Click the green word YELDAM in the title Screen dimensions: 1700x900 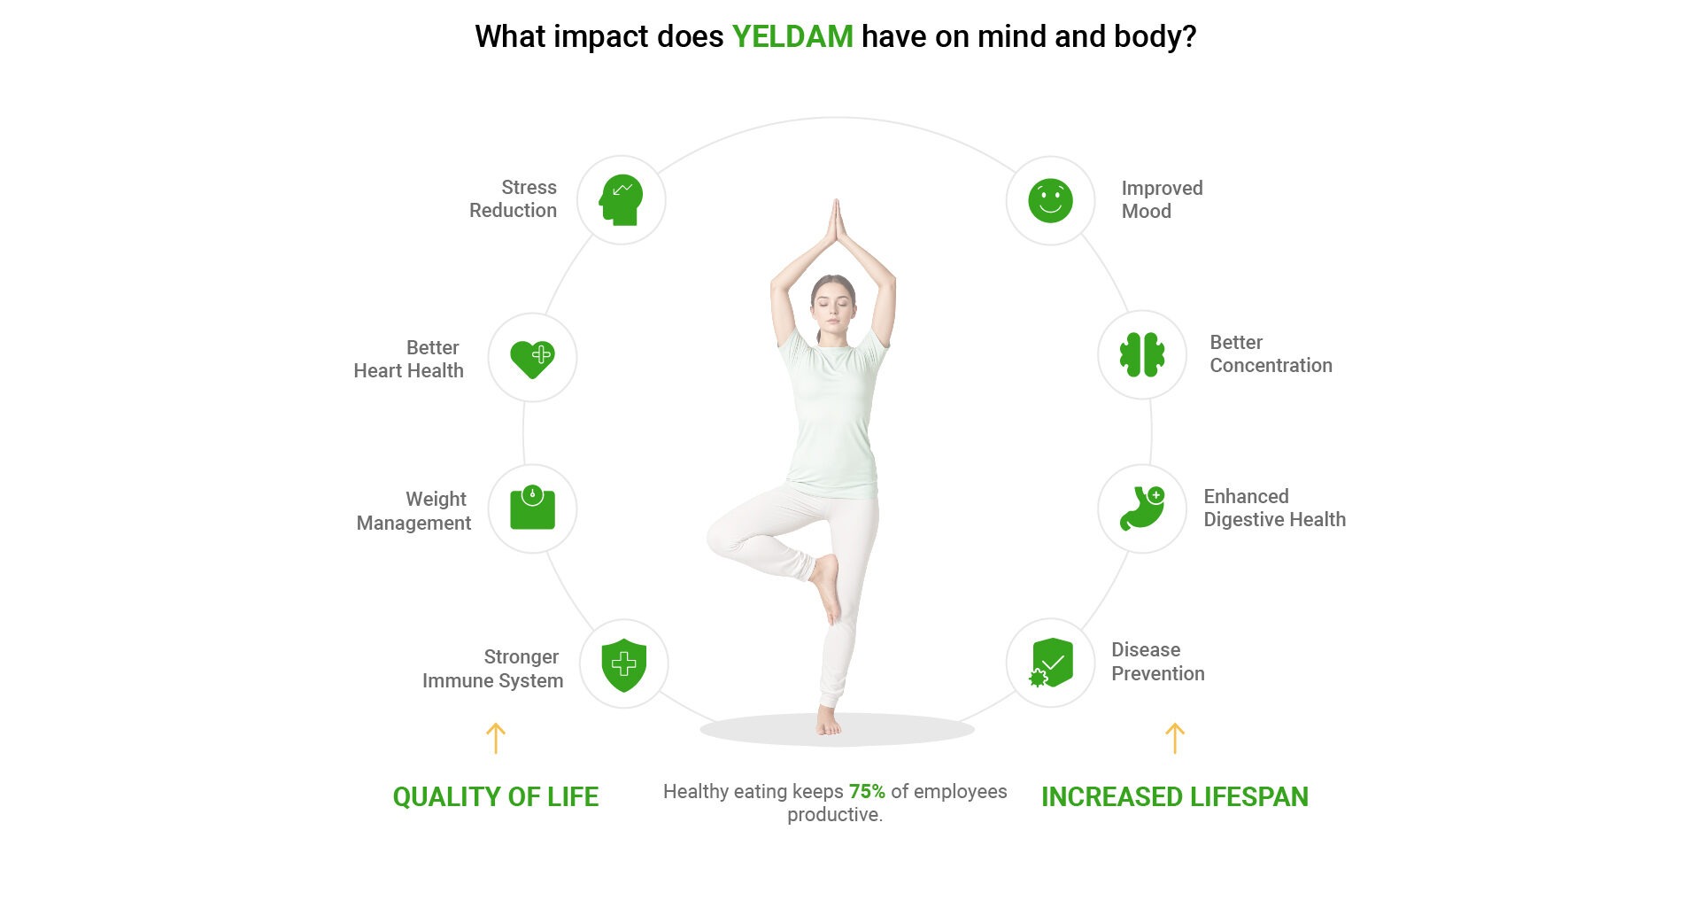[x=792, y=37]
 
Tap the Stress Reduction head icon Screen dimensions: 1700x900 [x=621, y=200]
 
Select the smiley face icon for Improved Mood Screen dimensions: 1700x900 [x=1050, y=200]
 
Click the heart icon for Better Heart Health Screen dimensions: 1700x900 [x=532, y=359]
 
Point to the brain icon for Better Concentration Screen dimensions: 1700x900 [x=1142, y=355]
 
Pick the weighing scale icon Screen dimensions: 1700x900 [x=532, y=508]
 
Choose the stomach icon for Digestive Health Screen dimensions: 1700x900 [x=1142, y=508]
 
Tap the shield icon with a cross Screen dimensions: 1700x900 [x=624, y=664]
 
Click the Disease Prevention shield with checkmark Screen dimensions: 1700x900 [x=1050, y=663]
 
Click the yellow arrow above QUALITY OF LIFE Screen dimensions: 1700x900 [x=496, y=738]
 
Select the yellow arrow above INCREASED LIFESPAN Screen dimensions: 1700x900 [x=1175, y=738]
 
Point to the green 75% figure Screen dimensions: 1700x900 [x=867, y=791]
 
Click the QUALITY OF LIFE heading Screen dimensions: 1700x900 [x=496, y=797]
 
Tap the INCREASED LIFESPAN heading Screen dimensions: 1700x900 [x=1175, y=797]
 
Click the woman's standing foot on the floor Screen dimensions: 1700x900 [x=829, y=722]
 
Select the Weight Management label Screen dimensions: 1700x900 [x=413, y=511]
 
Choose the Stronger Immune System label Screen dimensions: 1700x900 [x=492, y=669]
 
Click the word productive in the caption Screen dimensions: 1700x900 [x=835, y=815]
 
